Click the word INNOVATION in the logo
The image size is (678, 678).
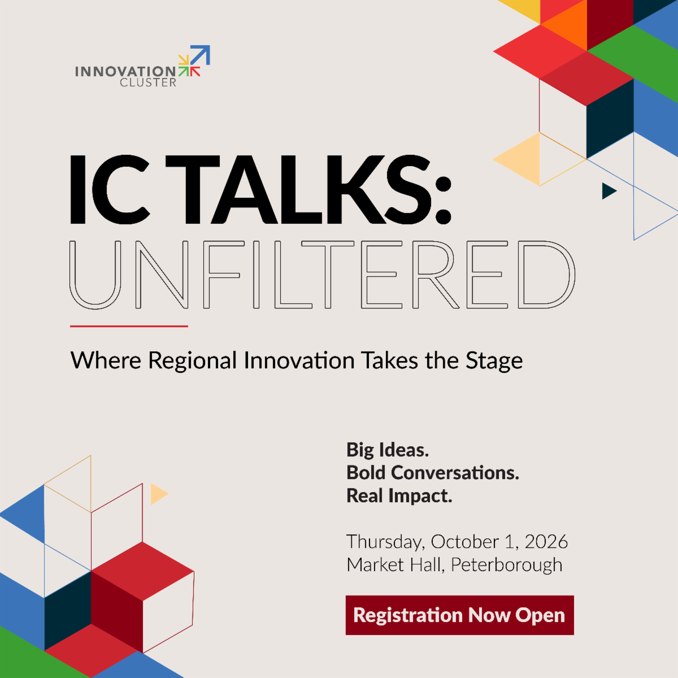click(125, 71)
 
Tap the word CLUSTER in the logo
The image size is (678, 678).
click(148, 82)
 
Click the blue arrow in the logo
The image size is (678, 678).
click(200, 55)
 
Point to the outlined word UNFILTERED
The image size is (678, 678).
click(322, 275)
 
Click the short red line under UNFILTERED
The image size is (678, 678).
click(129, 326)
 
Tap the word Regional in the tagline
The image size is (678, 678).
click(192, 361)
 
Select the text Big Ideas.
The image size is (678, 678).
click(388, 450)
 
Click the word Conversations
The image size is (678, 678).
click(455, 472)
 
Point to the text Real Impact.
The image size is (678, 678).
click(399, 496)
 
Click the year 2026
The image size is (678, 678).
click(546, 542)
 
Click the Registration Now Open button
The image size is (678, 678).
click(459, 615)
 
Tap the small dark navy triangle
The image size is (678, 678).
click(609, 191)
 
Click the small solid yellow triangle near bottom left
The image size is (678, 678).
click(159, 494)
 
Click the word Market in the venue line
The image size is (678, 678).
click(375, 564)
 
